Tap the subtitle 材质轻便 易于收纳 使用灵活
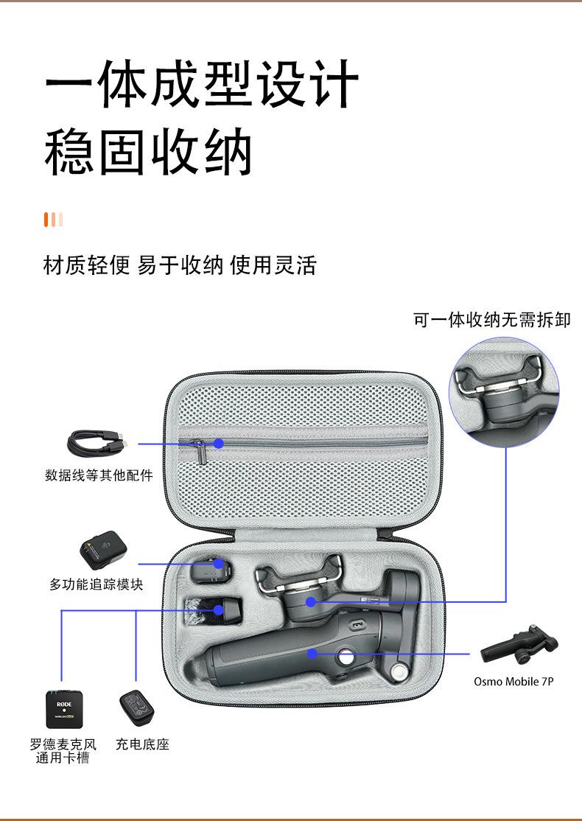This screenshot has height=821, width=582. (180, 265)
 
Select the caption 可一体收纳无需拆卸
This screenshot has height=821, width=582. (491, 320)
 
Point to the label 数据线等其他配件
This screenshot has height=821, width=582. (99, 475)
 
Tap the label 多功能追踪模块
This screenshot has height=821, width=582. (96, 584)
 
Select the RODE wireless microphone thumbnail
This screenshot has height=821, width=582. (66, 709)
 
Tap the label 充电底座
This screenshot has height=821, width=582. (142, 744)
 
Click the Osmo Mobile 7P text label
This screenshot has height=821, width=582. (513, 682)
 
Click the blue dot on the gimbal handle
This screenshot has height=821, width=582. (312, 653)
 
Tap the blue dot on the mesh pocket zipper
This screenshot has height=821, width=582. (219, 444)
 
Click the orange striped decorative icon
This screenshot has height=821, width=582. (53, 220)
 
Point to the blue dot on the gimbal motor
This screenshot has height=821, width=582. (311, 602)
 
